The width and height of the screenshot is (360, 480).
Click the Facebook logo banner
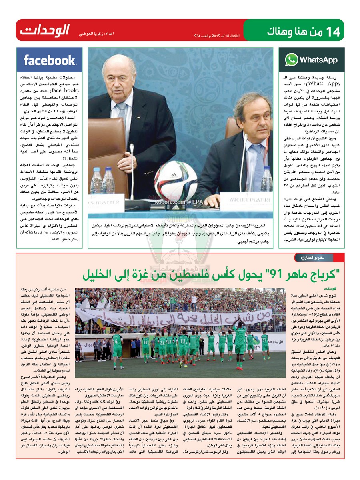click(50, 60)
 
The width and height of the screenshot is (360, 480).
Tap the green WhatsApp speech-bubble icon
click(292, 60)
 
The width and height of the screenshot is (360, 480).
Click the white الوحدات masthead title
click(45, 30)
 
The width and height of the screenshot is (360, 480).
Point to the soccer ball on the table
click(176, 180)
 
